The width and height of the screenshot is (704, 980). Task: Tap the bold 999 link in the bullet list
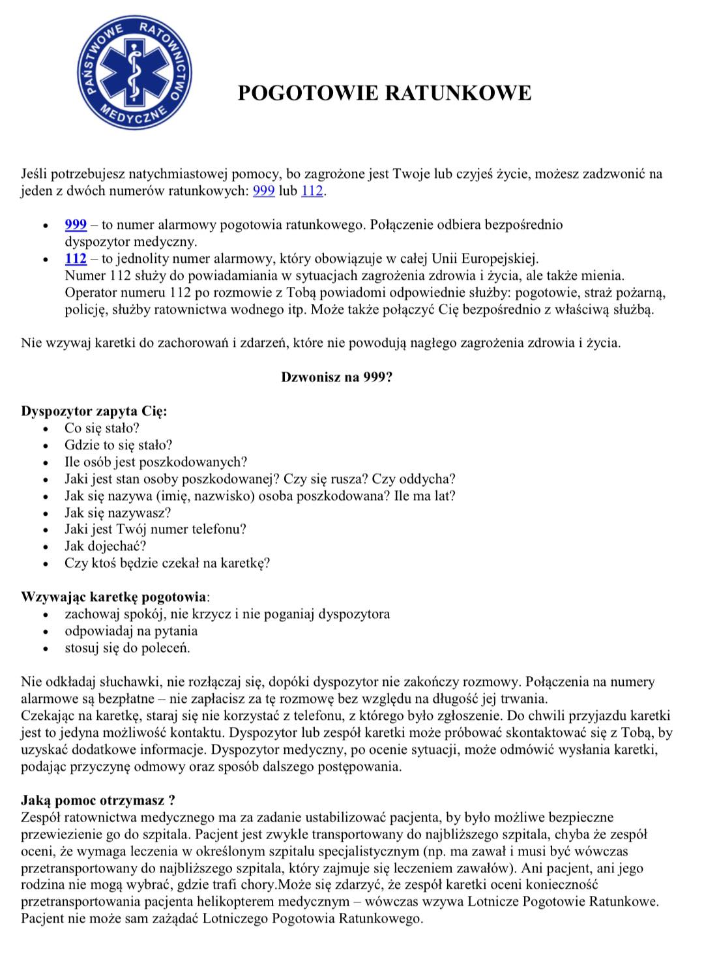76,225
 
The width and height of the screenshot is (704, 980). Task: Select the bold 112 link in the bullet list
76,259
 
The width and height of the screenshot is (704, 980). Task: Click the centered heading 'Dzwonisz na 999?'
336,377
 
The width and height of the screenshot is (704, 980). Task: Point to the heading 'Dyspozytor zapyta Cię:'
94,411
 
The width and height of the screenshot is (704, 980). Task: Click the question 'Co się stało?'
102,428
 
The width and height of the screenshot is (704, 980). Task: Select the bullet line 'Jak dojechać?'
105,546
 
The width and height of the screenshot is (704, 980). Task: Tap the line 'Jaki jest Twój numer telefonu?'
155,529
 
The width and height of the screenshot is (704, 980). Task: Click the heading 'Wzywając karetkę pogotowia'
114,597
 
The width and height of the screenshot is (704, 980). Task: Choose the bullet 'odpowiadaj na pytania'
130,631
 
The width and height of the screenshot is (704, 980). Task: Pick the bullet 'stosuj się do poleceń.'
127,647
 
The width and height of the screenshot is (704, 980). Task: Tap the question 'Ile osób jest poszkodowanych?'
156,462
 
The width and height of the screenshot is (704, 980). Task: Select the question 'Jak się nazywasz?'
117,512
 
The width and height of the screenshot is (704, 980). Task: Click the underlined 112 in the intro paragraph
312,191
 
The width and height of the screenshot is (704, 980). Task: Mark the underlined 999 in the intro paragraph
263,191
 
